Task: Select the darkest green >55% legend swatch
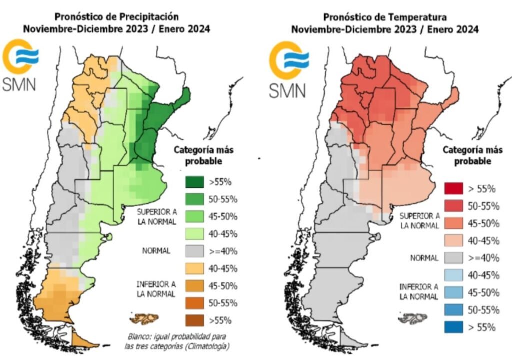tap(195, 182)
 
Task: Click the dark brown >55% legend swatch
tap(195, 320)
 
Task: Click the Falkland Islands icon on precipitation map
tap(144, 318)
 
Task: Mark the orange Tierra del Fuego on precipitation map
tap(82, 340)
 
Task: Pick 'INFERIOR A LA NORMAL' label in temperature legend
tap(419, 292)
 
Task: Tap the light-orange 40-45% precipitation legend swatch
tap(195, 268)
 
